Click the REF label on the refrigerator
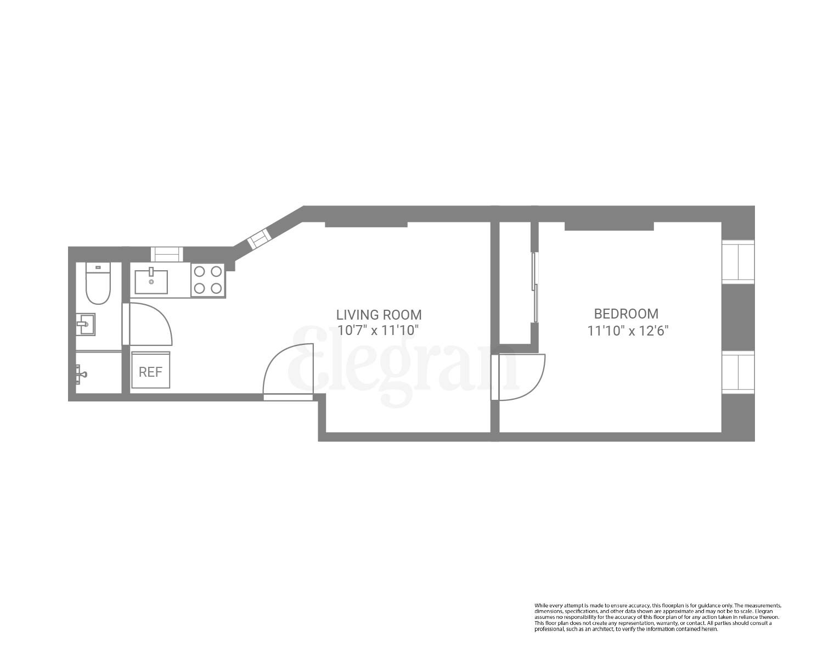[150, 372]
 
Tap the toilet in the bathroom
[98, 283]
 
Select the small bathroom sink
[85, 324]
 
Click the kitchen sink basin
[151, 281]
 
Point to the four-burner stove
[208, 280]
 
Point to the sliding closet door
[535, 287]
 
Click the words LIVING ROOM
[379, 315]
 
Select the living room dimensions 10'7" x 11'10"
[379, 331]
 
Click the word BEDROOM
[626, 314]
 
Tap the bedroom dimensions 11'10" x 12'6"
[628, 331]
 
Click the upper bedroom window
[738, 261]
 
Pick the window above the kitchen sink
[167, 254]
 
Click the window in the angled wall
[259, 239]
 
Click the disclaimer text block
[657, 617]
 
